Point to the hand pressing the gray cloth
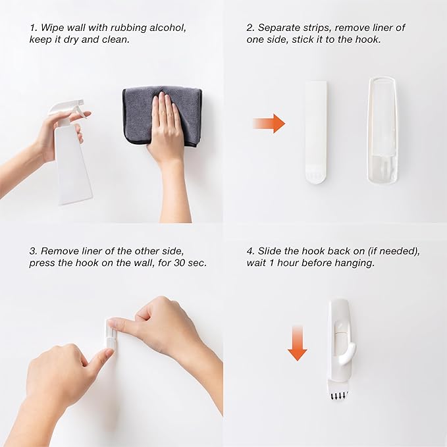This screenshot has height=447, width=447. coord(167,128)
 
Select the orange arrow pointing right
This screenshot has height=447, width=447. coord(269,123)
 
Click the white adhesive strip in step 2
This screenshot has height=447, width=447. coord(316,131)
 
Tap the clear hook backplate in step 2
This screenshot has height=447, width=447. coord(382,130)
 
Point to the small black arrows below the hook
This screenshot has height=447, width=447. coord(339,395)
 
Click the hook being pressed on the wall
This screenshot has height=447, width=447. coord(111,334)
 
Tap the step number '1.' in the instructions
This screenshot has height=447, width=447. coord(33,28)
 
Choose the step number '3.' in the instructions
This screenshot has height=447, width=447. coord(33,251)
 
